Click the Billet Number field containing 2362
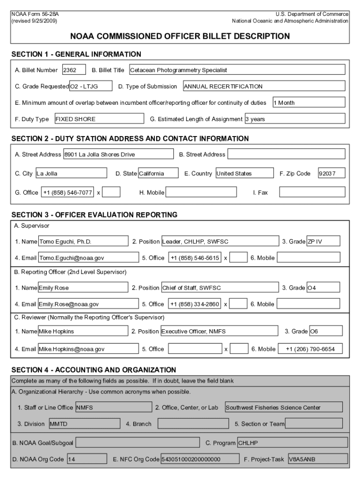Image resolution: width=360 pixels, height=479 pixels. click(74, 70)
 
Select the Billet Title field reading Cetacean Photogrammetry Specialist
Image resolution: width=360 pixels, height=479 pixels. click(237, 70)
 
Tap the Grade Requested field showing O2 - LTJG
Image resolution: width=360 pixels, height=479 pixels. click(91, 86)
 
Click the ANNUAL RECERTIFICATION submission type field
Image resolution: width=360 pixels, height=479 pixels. click(264, 86)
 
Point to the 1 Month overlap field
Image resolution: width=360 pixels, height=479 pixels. click(309, 102)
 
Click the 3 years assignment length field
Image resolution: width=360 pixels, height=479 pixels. click(295, 119)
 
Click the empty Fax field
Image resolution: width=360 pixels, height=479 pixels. click(312, 192)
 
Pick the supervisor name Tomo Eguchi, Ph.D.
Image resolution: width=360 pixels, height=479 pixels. click(83, 241)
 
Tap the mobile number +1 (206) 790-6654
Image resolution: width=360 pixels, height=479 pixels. click(310, 349)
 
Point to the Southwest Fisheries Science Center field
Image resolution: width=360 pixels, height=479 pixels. click(283, 407)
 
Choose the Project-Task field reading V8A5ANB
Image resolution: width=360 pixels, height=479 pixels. click(317, 459)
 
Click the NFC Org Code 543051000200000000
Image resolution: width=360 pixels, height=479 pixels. click(198, 459)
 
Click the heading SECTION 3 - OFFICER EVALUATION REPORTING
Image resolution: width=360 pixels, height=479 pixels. click(94, 215)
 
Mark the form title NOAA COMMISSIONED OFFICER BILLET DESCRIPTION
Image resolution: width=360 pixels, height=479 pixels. click(180, 36)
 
